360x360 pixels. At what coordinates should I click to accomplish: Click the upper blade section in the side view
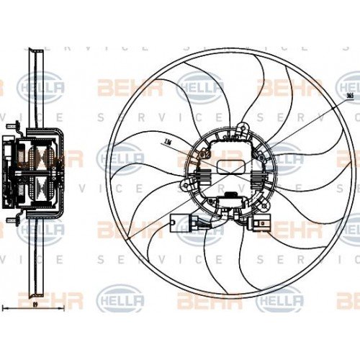click(x=33, y=86)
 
